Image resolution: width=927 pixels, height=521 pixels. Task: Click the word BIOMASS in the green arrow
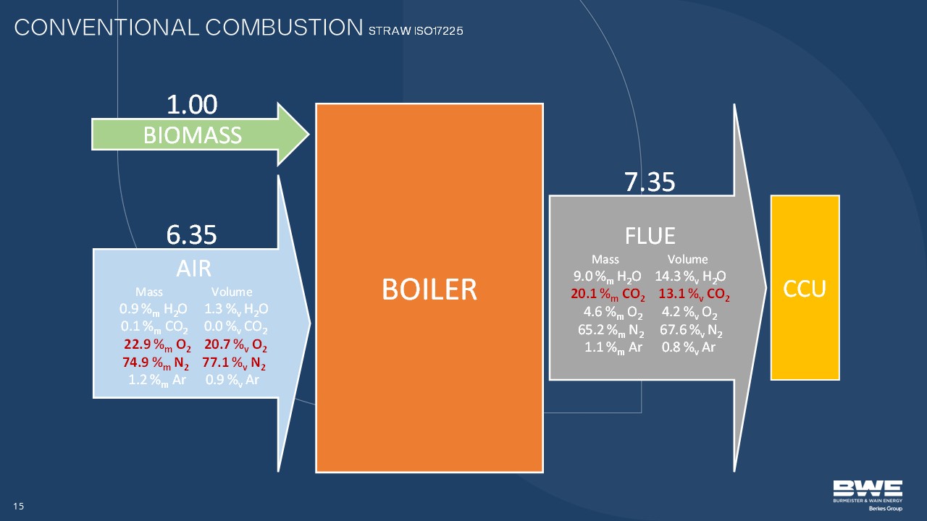193,135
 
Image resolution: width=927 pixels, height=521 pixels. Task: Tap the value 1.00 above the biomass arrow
192,104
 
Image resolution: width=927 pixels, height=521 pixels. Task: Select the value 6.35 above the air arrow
192,234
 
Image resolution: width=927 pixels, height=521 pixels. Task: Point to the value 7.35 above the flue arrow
650,182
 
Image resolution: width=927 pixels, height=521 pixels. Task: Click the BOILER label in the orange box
429,289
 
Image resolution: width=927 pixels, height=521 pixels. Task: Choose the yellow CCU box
805,287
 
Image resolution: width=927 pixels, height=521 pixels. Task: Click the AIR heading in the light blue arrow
193,268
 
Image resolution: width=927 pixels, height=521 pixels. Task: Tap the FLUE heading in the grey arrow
650,236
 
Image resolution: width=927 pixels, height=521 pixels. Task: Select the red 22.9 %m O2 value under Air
157,345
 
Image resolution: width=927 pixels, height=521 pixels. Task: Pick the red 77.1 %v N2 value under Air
234,363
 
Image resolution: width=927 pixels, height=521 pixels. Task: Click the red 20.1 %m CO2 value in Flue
608,294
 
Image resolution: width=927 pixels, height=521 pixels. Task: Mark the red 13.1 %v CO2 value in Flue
695,294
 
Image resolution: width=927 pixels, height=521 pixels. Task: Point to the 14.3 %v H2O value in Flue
690,276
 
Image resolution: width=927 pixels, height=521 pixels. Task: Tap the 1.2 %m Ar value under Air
157,381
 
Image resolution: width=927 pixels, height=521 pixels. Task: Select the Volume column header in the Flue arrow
687,259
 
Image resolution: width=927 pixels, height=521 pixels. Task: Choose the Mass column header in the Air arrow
149,292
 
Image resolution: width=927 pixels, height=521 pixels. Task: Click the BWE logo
868,496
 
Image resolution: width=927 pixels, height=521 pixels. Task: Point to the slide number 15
19,506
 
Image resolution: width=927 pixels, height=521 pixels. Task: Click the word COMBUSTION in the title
284,27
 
